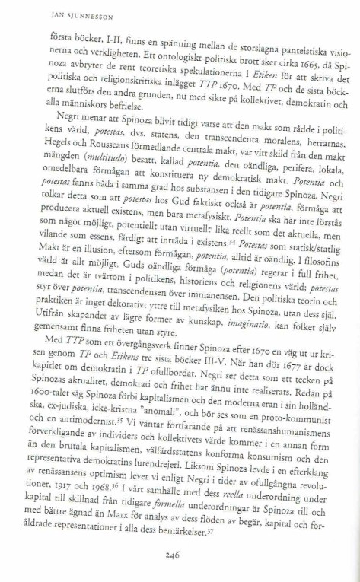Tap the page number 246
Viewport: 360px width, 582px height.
click(180, 555)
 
